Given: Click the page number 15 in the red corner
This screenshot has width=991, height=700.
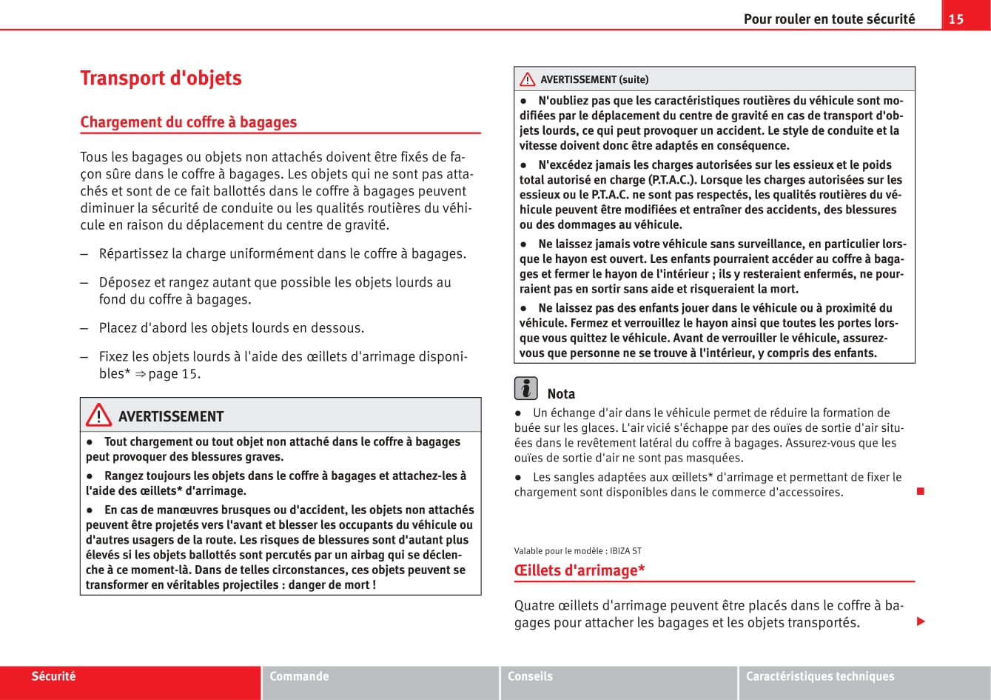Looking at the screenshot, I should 956,19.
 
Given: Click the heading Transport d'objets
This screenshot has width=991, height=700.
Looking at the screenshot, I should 161,79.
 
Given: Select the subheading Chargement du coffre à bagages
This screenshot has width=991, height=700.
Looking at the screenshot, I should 188,122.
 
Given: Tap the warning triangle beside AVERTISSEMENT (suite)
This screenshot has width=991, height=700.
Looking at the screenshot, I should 527,79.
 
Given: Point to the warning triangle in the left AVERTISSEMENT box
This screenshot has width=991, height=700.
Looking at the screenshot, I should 98,416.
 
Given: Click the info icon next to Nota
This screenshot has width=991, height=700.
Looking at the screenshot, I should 525,388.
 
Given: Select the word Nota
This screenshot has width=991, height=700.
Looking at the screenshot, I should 561,394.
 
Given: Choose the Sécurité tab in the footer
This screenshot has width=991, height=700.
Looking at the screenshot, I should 53,676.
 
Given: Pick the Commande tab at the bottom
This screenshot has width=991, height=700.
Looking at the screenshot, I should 299,676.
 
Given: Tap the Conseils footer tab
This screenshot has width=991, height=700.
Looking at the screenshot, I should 530,676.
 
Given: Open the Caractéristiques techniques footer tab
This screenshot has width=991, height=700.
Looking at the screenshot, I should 819,676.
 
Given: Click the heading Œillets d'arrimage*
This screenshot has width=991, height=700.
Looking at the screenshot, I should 580,570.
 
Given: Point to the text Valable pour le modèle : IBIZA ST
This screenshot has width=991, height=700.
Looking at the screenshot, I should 577,551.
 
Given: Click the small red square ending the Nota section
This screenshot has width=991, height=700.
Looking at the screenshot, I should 921,491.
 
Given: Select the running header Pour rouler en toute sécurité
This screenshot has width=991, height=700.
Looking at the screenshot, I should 829,19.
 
